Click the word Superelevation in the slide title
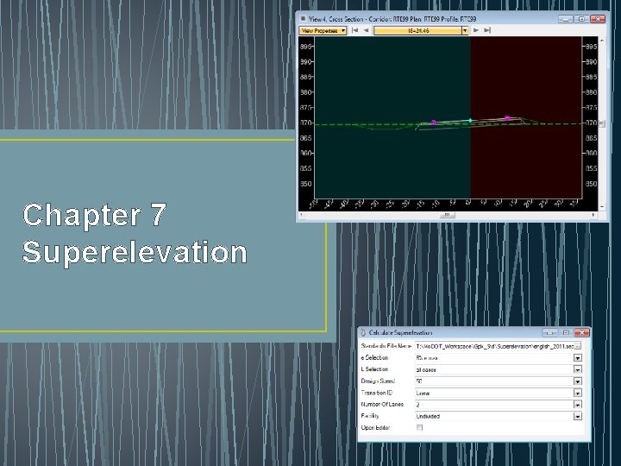click(x=135, y=252)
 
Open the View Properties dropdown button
click(x=323, y=30)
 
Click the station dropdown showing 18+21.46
click(x=420, y=30)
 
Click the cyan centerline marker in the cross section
click(x=470, y=120)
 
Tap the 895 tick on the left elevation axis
click(x=306, y=47)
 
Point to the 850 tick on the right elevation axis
click(x=591, y=184)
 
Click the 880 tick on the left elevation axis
click(x=306, y=92)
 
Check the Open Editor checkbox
click(x=420, y=427)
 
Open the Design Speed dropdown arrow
click(x=578, y=381)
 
